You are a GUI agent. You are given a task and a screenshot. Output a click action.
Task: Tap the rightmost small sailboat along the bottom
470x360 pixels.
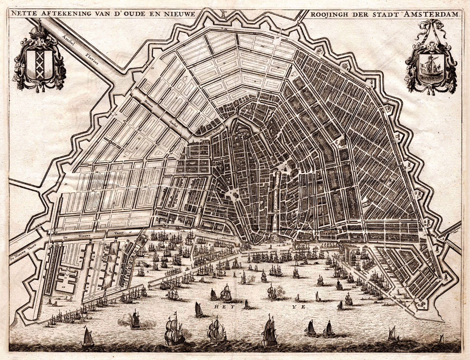(441, 338)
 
